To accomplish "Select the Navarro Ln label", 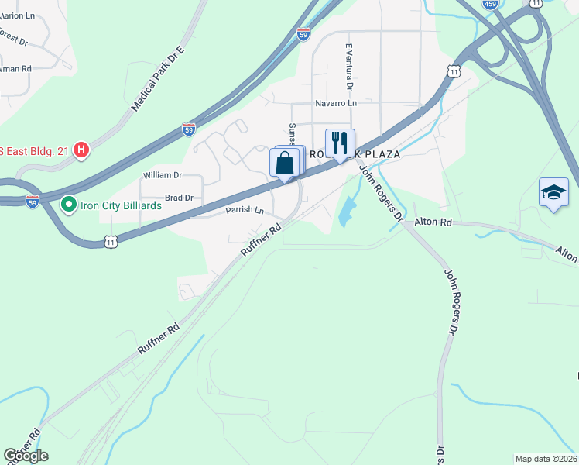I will pyautogui.click(x=336, y=103).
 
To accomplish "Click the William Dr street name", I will pyautogui.click(x=162, y=176).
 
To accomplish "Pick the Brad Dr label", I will pyautogui.click(x=178, y=198).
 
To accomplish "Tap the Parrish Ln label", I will pyautogui.click(x=245, y=211).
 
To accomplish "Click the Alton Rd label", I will pyautogui.click(x=433, y=222).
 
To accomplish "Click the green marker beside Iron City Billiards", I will pyautogui.click(x=68, y=205).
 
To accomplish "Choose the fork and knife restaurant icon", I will pyautogui.click(x=339, y=143).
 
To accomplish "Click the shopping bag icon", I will pyautogui.click(x=285, y=162).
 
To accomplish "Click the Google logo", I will pyautogui.click(x=26, y=456).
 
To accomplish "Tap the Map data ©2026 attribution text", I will pyautogui.click(x=546, y=459).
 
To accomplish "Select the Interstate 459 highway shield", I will pyautogui.click(x=490, y=4).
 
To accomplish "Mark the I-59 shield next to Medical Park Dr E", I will pyautogui.click(x=189, y=129).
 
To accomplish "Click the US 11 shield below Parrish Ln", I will pyautogui.click(x=111, y=242).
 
